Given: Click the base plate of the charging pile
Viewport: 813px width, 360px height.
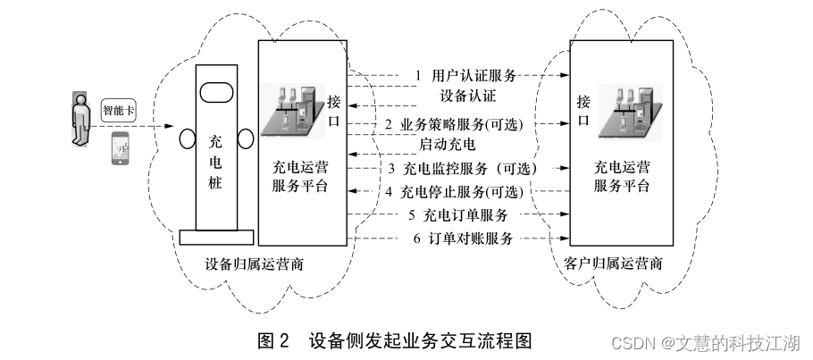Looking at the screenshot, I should pos(214,237).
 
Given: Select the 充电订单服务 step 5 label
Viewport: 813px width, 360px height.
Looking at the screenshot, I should pos(457,215).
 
